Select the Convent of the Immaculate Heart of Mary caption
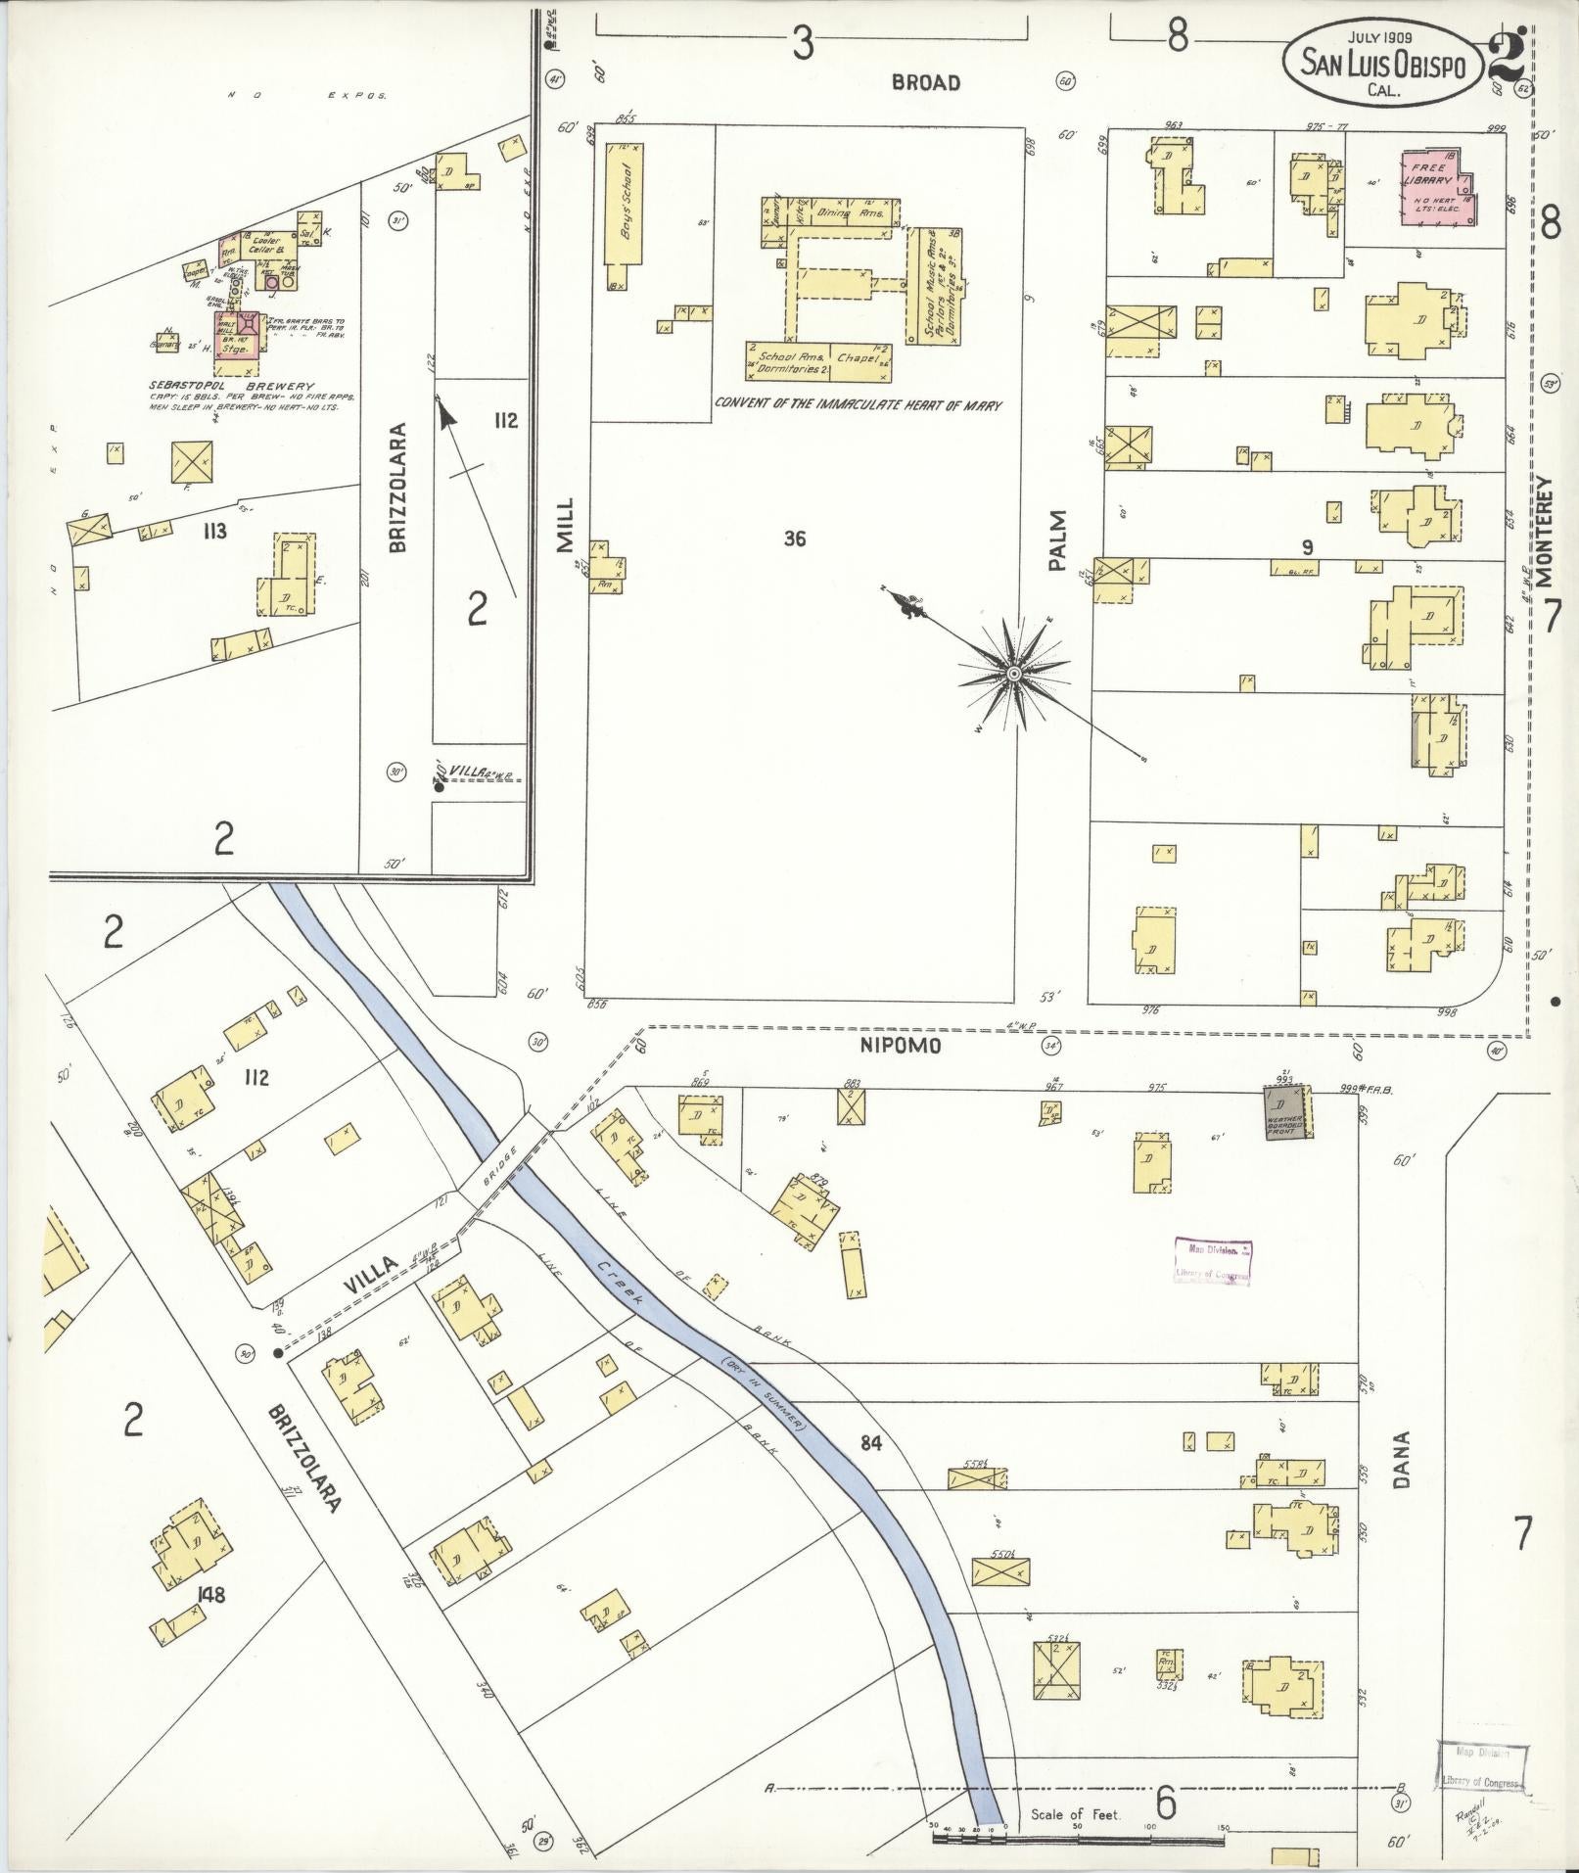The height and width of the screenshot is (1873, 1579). coord(859,403)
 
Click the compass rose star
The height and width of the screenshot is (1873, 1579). coord(1014,674)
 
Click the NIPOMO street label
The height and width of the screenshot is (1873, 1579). coord(915,1046)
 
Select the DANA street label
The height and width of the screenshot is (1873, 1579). coord(1401,1461)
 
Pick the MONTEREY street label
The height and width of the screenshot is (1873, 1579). coord(1546,532)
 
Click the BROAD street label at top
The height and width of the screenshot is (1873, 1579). coord(925,83)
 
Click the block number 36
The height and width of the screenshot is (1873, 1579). coord(795,538)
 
